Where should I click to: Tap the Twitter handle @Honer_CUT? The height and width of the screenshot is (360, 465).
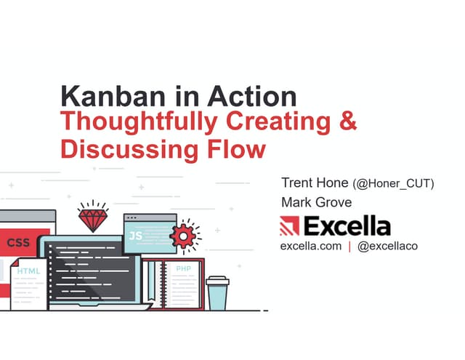(x=393, y=184)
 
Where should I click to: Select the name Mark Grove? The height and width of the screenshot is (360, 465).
(x=316, y=202)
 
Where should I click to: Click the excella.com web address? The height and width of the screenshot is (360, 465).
(x=311, y=247)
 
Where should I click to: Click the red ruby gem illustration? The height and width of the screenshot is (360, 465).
(x=92, y=217)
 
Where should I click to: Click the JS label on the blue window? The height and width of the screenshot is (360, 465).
(x=136, y=236)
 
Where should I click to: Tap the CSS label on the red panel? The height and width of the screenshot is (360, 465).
(x=19, y=242)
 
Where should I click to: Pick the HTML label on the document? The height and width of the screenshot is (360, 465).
(x=28, y=271)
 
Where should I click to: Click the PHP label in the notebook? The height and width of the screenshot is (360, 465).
(x=182, y=268)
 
